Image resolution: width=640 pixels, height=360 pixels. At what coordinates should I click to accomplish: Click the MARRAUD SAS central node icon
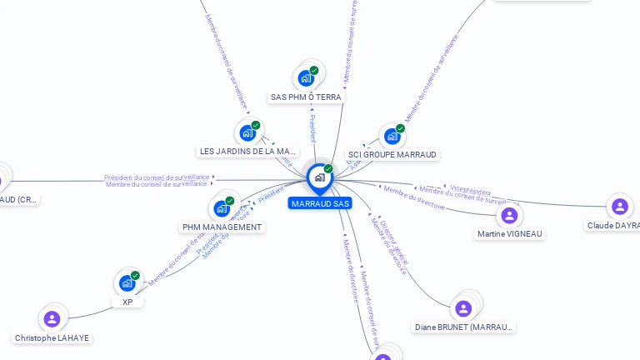(319, 177)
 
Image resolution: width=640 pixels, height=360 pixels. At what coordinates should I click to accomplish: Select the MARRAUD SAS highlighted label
(320, 203)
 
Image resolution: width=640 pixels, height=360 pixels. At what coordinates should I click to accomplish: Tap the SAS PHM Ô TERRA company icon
(307, 78)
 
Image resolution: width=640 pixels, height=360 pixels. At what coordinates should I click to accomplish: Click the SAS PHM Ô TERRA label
(306, 97)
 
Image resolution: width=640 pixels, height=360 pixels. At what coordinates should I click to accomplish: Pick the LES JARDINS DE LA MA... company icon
(247, 132)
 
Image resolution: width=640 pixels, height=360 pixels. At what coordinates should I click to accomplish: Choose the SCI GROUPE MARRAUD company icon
(392, 136)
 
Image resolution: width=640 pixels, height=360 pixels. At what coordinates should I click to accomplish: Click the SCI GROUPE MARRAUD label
(392, 155)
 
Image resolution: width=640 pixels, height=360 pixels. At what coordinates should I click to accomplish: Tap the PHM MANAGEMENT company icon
(222, 208)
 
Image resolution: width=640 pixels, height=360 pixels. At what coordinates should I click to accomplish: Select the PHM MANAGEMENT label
(222, 227)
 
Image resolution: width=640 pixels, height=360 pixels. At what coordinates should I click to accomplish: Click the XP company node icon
(127, 283)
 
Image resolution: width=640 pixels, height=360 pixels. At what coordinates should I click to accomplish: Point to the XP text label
(127, 302)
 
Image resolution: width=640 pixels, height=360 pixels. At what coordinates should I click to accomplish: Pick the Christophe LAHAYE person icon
(52, 319)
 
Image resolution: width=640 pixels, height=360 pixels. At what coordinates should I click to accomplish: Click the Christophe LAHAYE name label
(52, 338)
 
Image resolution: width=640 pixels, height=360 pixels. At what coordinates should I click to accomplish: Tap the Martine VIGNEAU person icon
(509, 215)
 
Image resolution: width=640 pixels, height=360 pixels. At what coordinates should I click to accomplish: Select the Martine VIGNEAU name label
(510, 234)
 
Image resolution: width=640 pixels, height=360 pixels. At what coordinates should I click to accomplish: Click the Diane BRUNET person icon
(463, 308)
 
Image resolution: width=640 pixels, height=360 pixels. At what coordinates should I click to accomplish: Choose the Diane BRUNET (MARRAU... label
(464, 327)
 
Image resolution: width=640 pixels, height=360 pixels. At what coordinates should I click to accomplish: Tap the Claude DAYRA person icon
(619, 207)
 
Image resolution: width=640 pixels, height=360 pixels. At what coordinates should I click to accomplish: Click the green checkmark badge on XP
(135, 276)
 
